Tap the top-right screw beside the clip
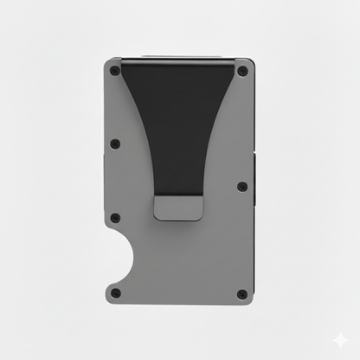tap(242, 72)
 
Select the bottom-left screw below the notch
tap(116, 292)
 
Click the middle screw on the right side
tap(242, 186)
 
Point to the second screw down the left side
tap(115, 144)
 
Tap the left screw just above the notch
tap(115, 218)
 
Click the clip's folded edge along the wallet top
tap(179, 61)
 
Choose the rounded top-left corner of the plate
tap(108, 62)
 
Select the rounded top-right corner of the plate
tap(251, 62)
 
